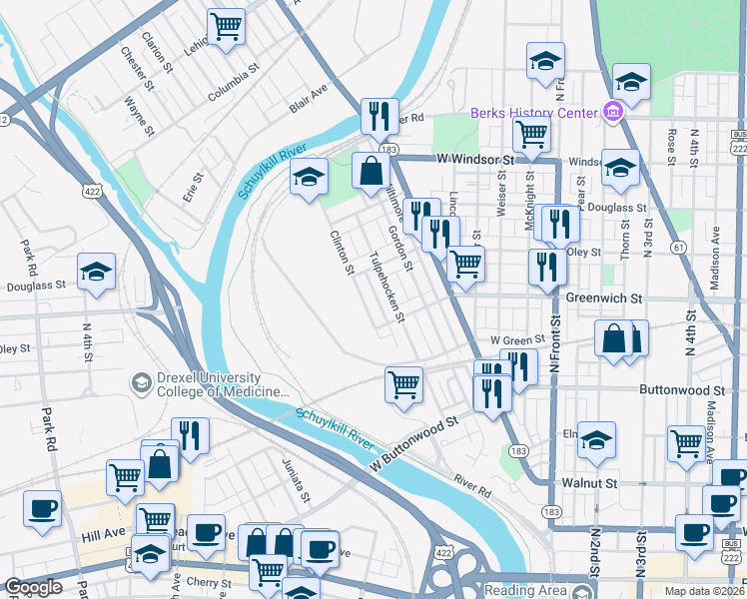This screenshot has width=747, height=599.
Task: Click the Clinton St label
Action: [x=341, y=254]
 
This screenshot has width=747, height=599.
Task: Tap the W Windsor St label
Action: [x=474, y=160]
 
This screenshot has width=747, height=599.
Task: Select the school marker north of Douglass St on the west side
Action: [x=96, y=271]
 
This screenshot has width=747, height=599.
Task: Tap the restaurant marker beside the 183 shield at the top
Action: [x=379, y=116]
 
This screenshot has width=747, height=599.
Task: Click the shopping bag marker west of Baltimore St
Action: [x=371, y=169]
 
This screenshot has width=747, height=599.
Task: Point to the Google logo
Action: [x=33, y=587]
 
